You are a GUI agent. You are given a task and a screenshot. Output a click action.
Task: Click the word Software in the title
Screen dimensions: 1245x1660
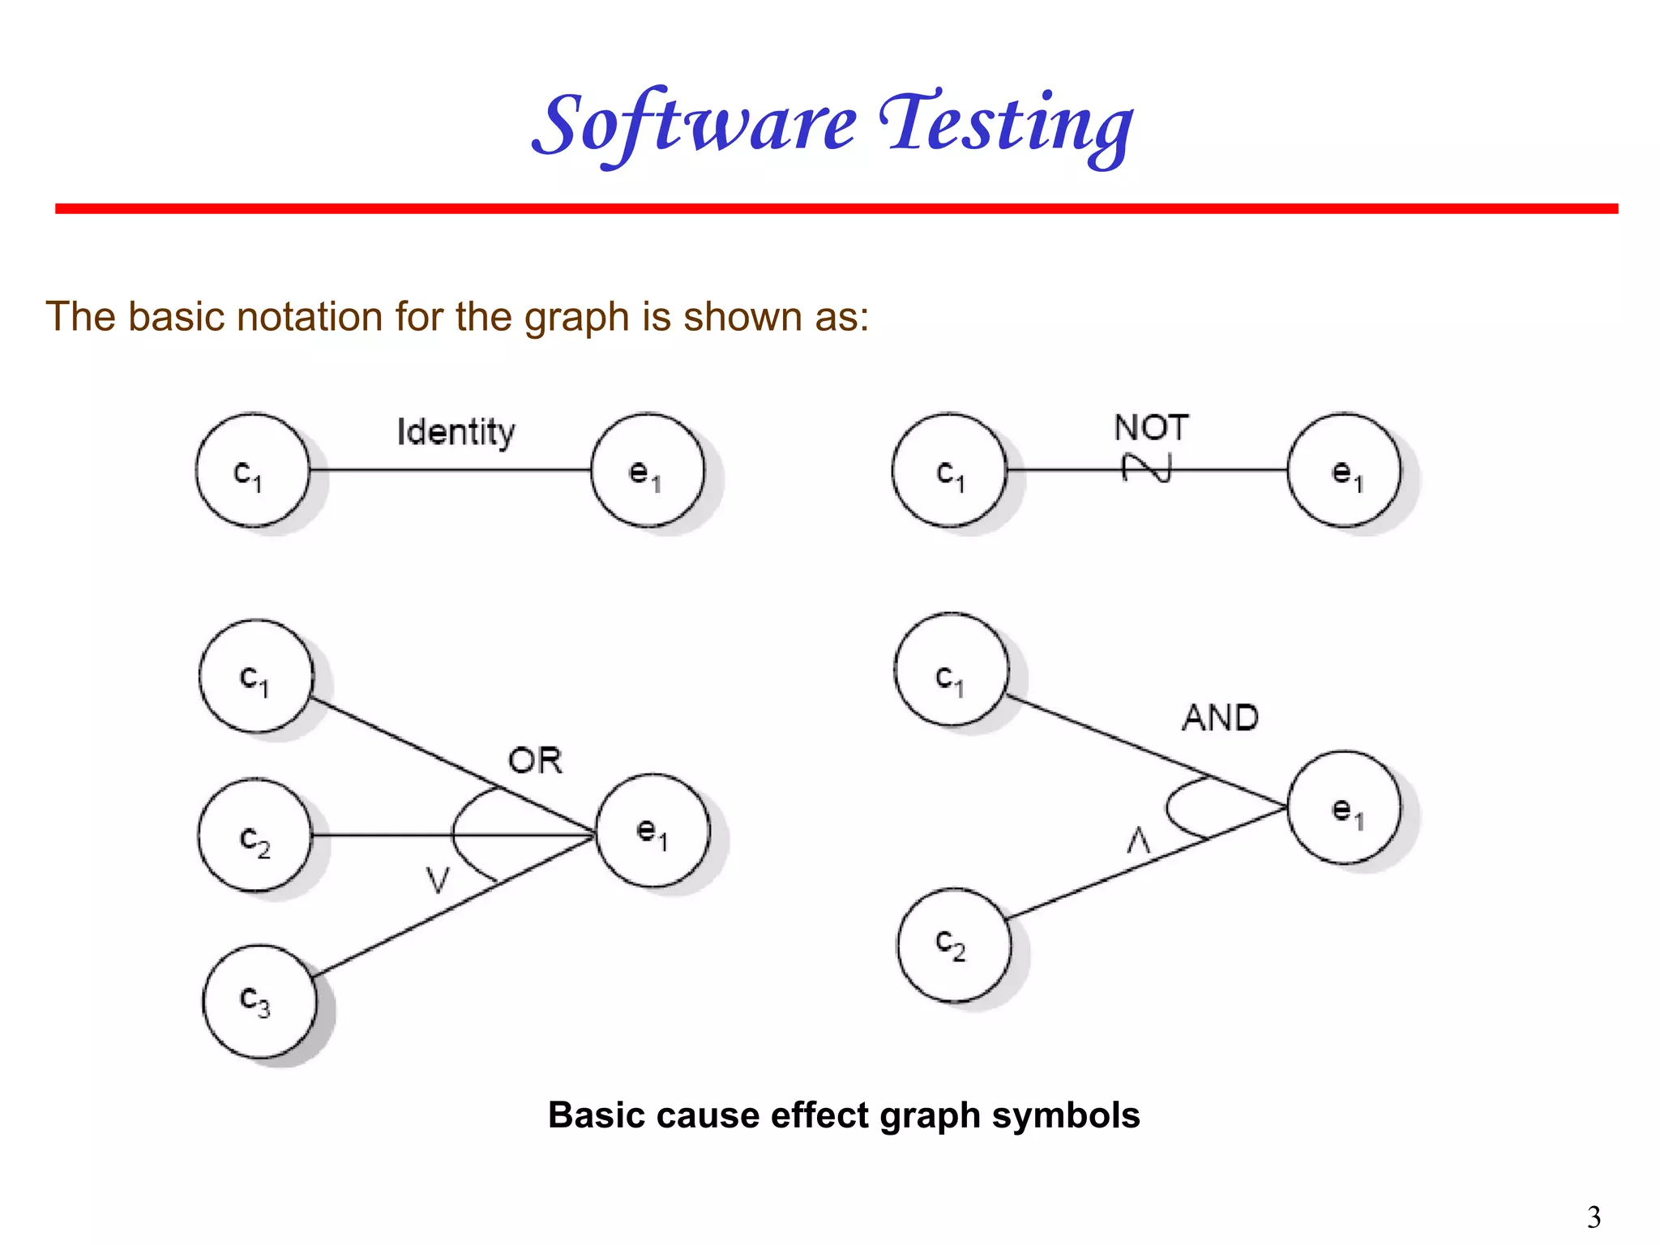pos(695,126)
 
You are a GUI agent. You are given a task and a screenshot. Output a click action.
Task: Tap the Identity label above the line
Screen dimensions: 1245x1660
pos(456,432)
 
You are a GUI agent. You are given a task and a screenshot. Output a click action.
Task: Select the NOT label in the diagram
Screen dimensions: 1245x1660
pos(1151,427)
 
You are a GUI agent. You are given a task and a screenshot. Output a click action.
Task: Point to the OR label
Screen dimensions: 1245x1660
pos(535,761)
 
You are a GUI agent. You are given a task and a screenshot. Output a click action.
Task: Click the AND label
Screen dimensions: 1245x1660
pos(1220,718)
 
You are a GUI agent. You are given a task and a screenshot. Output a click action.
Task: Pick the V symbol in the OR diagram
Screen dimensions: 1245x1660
pos(438,879)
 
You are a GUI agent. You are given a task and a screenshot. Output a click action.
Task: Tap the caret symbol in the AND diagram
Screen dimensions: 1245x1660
pos(1139,841)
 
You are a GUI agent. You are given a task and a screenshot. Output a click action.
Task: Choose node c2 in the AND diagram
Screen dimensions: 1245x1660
pos(953,945)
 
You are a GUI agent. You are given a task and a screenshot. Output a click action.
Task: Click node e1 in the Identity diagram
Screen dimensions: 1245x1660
pos(648,471)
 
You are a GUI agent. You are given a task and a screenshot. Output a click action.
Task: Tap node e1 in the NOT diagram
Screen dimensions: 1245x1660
pos(1344,471)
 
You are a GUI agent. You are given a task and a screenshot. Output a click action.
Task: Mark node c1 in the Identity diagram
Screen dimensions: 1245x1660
pos(252,471)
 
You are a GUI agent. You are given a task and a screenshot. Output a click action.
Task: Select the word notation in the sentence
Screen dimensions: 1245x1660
pos(309,317)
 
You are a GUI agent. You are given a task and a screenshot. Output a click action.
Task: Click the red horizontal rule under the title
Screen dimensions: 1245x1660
pos(835,209)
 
